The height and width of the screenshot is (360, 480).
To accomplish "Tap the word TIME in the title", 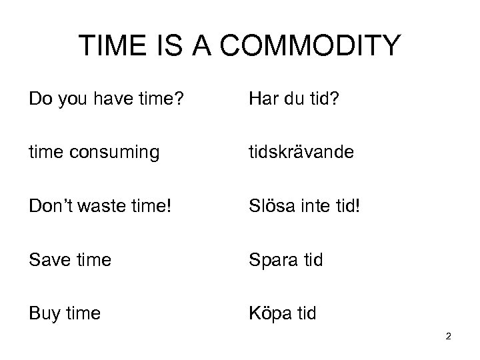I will point(111,46).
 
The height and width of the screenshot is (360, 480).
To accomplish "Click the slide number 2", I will point(449,337).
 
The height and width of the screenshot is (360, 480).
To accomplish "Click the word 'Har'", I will point(262,100).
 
